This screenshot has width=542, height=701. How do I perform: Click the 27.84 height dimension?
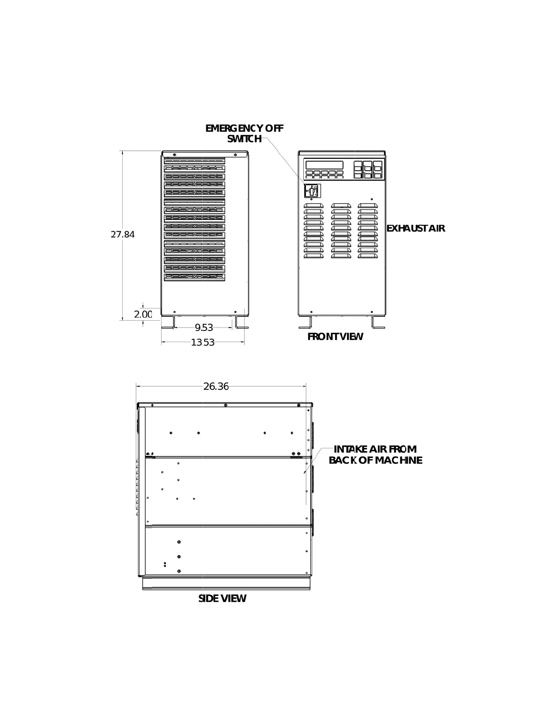[x=123, y=235]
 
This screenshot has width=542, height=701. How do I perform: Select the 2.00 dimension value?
[x=143, y=314]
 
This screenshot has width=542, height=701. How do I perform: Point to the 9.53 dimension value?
[x=204, y=327]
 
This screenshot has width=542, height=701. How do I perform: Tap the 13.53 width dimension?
[x=203, y=342]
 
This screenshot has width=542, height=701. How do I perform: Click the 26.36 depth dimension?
[x=216, y=386]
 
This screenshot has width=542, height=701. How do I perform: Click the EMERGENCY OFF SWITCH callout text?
[x=244, y=133]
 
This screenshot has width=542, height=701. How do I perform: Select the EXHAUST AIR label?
[x=415, y=228]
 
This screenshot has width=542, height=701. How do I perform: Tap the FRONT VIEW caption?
[x=335, y=337]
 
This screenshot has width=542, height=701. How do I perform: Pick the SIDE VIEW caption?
[x=222, y=599]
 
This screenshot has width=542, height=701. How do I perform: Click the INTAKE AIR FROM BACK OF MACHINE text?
[x=376, y=455]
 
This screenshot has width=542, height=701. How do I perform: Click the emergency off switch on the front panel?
[x=312, y=191]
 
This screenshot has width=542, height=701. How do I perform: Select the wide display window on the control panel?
[x=324, y=165]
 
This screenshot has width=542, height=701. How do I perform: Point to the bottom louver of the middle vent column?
[x=341, y=255]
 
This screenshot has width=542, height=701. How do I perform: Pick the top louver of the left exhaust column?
[x=314, y=206]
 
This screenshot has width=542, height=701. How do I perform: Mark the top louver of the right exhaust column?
[x=368, y=206]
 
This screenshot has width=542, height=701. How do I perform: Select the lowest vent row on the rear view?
[x=194, y=277]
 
